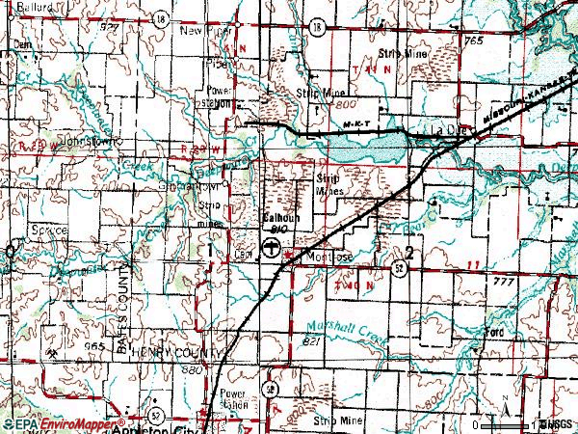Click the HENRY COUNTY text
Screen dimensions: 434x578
175,353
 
